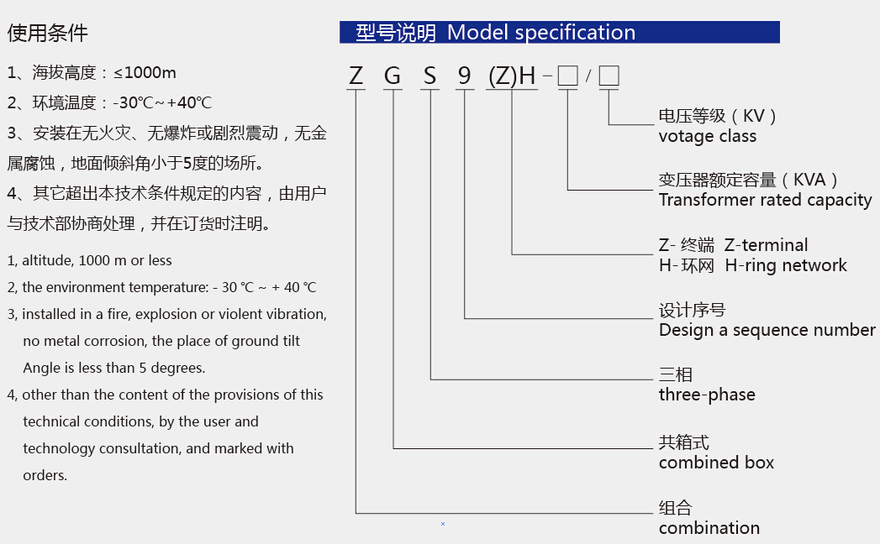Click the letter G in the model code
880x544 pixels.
click(x=393, y=76)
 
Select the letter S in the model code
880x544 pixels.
click(x=429, y=76)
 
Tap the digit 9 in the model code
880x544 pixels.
click(x=464, y=76)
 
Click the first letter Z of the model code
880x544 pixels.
click(x=356, y=76)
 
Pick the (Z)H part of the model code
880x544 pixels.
click(x=512, y=76)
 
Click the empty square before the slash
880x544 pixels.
click(x=568, y=76)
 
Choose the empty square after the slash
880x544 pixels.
click(x=609, y=76)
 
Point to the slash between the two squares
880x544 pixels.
click(x=588, y=76)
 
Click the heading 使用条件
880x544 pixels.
click(x=48, y=33)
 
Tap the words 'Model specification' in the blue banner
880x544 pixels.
click(x=541, y=33)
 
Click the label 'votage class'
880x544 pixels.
click(x=707, y=136)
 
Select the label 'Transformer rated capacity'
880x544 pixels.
click(x=766, y=200)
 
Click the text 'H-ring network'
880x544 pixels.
click(x=786, y=264)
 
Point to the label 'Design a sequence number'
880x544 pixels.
click(x=767, y=330)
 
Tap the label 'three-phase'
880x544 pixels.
click(x=707, y=395)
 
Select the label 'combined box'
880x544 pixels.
click(x=716, y=462)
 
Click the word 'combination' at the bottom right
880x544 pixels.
click(x=709, y=528)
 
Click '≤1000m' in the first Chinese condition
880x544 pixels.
click(x=145, y=73)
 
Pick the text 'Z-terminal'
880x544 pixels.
click(x=766, y=245)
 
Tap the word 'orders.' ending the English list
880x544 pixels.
click(x=45, y=475)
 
